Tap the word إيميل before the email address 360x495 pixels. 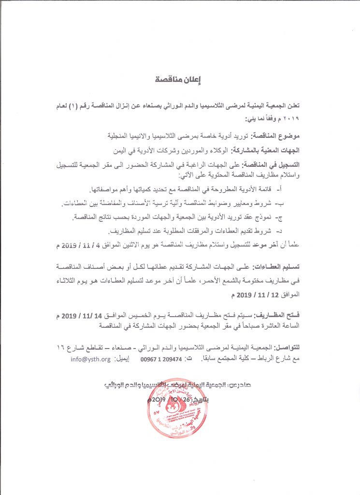[124, 360]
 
